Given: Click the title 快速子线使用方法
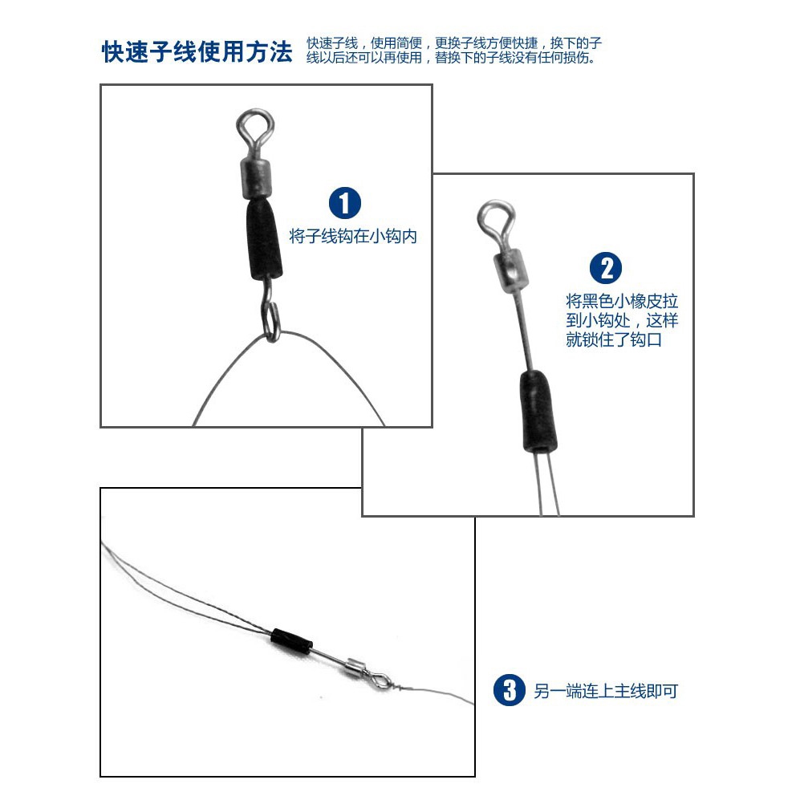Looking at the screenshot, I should [x=197, y=52].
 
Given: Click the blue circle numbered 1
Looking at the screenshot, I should [x=345, y=203].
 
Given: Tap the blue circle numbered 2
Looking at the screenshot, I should [x=606, y=268].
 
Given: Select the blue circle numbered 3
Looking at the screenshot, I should [x=509, y=689].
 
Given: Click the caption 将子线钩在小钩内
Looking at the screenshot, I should [x=353, y=237].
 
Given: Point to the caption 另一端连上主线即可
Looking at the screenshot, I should [x=606, y=690].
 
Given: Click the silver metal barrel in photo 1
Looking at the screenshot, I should [x=258, y=176].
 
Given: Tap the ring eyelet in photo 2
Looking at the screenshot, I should [x=494, y=217].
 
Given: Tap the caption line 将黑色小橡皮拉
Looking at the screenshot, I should [x=622, y=301].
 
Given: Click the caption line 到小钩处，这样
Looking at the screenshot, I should [x=622, y=320].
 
